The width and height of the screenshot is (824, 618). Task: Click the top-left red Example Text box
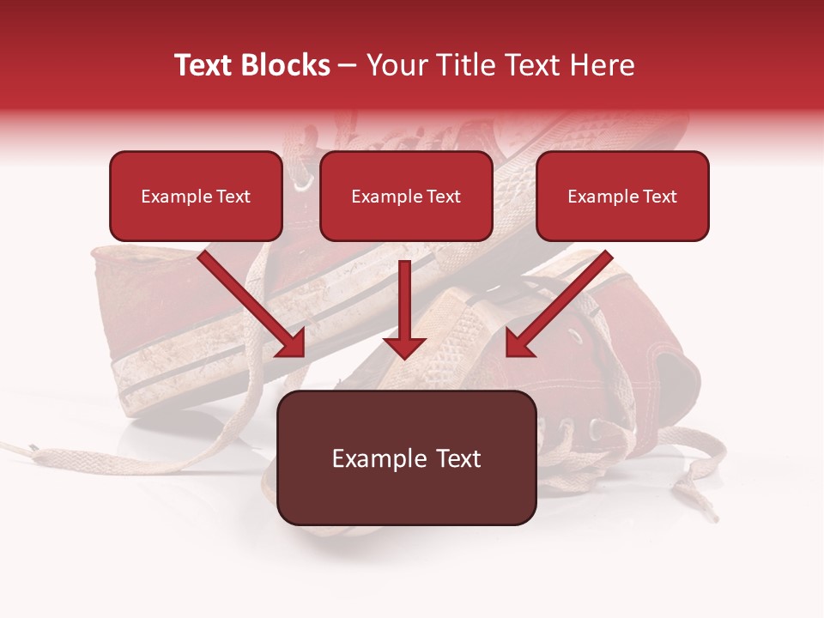coord(196,197)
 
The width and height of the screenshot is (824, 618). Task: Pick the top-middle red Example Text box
coord(406,197)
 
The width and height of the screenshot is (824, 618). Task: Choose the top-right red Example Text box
coord(622,197)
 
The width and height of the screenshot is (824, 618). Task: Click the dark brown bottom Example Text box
coord(406,458)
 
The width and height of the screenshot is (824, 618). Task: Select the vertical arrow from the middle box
coord(404,309)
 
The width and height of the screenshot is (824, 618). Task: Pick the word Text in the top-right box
coord(659,197)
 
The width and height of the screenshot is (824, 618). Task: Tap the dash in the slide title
coord(348,65)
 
